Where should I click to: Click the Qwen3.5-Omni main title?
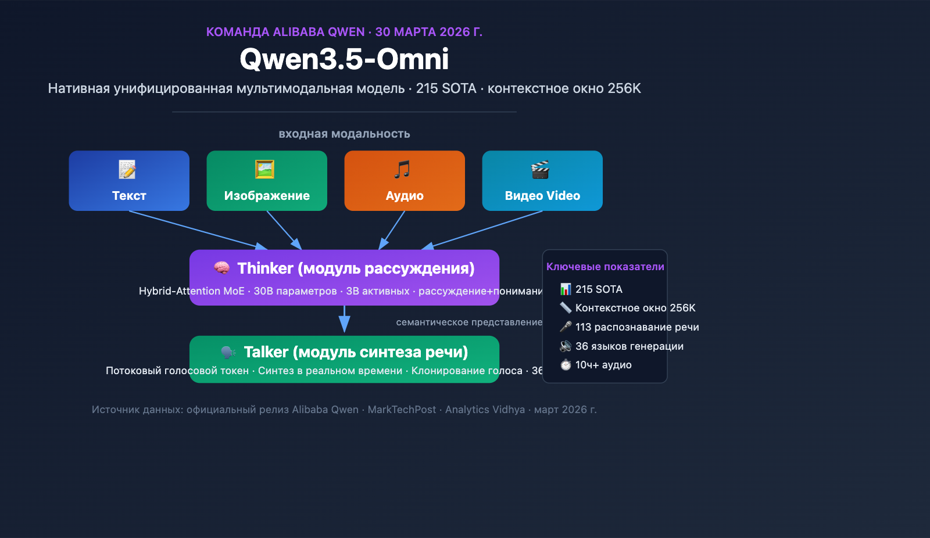344,59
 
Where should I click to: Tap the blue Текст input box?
129,181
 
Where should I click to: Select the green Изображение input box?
267,181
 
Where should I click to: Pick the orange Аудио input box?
405,181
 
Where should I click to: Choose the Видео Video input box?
542,181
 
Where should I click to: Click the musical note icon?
402,169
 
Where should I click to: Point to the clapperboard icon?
540,169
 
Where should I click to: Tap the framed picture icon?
264,169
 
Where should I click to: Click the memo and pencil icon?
127,169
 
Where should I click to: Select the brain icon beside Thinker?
221,268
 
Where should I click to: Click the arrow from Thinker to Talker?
344,320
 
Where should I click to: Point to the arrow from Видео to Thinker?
485,229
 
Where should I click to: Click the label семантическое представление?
469,322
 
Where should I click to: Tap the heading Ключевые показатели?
605,267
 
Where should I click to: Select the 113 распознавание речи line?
636,327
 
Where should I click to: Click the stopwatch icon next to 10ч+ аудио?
566,365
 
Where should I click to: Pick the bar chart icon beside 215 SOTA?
566,289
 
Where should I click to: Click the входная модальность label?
344,134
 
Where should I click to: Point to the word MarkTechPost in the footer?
402,410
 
